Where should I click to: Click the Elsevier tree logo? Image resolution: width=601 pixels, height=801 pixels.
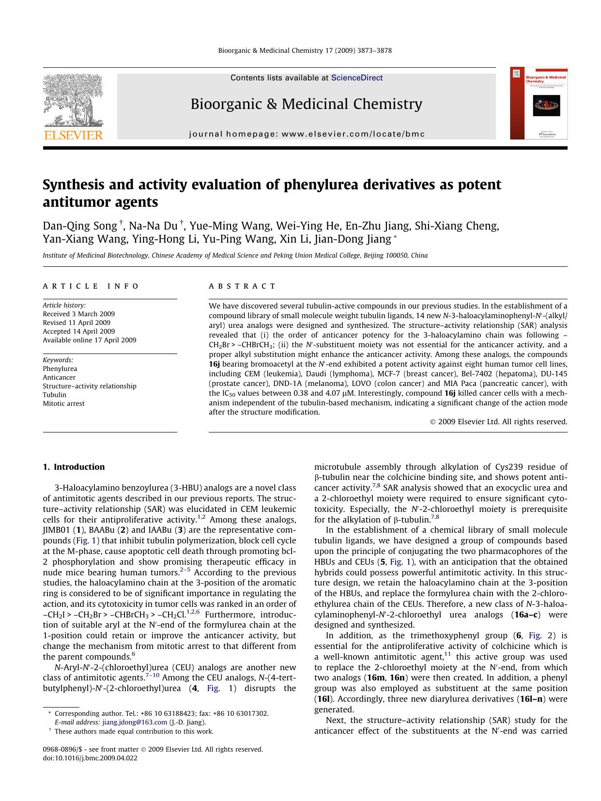73,100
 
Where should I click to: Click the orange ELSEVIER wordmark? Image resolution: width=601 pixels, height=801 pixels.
74,135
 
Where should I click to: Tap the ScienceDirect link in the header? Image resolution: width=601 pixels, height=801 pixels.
357,78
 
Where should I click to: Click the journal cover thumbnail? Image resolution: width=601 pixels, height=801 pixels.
539,103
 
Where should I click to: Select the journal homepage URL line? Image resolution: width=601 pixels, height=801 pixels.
307,134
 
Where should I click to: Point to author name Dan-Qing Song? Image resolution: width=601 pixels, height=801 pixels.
80,226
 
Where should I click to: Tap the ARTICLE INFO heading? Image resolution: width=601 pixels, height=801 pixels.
91,286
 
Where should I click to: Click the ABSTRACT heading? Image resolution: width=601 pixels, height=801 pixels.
242,286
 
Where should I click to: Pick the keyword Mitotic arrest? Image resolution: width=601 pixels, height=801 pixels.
63,403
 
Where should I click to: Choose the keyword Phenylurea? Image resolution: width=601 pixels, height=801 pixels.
60,369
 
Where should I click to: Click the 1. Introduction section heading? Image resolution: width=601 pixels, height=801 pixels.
74,467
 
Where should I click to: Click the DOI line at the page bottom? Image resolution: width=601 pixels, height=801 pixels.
90,758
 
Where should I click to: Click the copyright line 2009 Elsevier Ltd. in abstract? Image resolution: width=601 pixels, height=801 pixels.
499,422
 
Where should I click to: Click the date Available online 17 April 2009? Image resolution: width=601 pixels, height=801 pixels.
90,340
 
